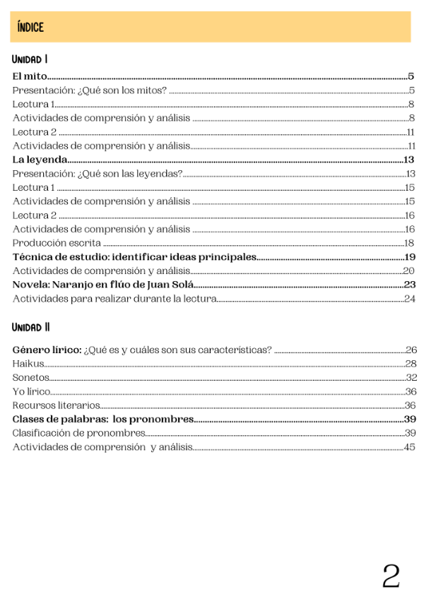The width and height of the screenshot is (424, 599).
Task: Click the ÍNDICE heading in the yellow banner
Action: point(32,28)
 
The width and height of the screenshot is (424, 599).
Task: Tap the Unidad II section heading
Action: point(31,327)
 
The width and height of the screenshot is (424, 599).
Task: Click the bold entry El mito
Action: point(30,76)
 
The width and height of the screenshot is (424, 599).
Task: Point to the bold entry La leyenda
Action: point(40,160)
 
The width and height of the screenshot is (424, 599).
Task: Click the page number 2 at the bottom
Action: point(391,576)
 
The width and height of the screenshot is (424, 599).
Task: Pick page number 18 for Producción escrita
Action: point(409,243)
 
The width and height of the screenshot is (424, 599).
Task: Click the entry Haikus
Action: point(28,364)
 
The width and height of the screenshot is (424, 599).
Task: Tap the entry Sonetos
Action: point(31,377)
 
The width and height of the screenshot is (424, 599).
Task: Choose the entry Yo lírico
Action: point(31,391)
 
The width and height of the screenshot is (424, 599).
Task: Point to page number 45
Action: point(410,447)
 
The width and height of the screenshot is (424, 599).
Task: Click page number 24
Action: point(410,299)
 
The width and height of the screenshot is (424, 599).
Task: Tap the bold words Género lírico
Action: point(47,350)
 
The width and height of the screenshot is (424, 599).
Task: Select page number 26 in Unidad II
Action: point(411,350)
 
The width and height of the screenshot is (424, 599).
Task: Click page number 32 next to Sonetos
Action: point(411,377)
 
